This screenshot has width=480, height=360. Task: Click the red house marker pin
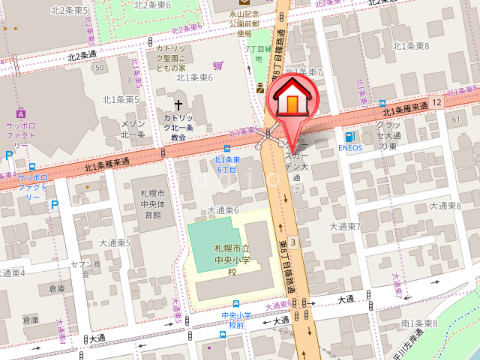click(x=291, y=99)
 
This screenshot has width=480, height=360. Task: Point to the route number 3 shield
click(x=293, y=243)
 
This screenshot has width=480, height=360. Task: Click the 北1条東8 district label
click(x=411, y=46)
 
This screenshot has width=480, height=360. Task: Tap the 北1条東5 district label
click(x=121, y=99)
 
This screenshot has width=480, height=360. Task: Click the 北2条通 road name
click(x=82, y=54)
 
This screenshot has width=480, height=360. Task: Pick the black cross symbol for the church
click(x=181, y=104)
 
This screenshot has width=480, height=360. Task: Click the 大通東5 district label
click(x=116, y=243)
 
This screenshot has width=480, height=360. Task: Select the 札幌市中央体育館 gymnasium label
click(x=152, y=202)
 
